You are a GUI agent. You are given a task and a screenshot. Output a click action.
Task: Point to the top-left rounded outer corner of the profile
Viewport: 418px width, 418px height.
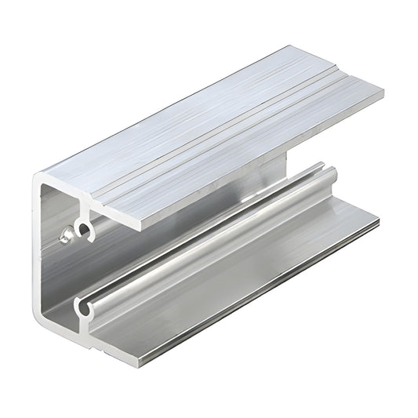tap(36, 180)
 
